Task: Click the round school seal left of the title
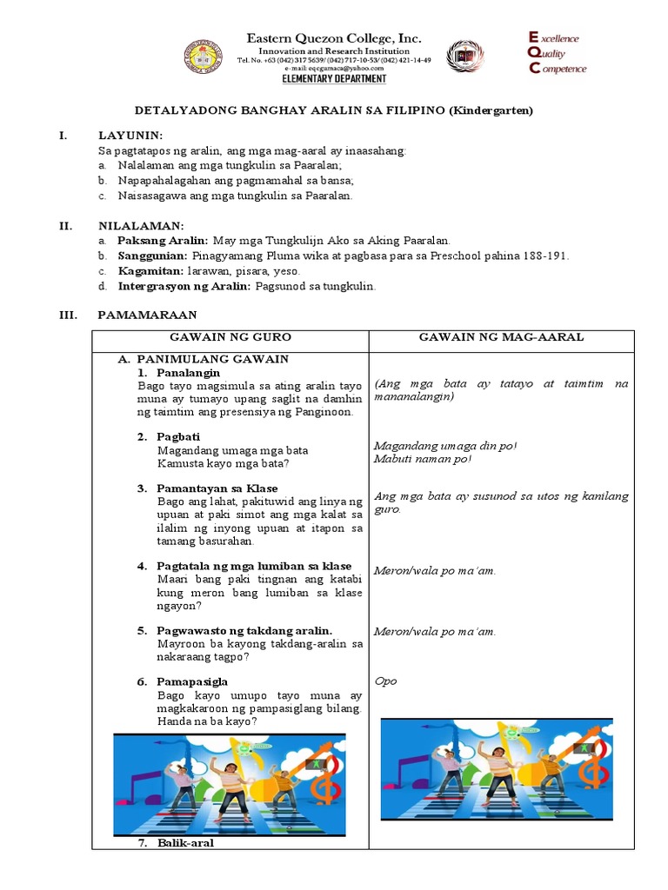tap(203, 56)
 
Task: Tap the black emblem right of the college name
tap(464, 56)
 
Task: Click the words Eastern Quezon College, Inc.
tap(334, 38)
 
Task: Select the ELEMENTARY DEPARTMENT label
tap(334, 79)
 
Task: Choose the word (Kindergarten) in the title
tap(491, 110)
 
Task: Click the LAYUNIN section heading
tap(130, 136)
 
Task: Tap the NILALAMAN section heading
tap(141, 226)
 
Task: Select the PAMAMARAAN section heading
tap(147, 315)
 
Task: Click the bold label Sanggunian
tap(152, 256)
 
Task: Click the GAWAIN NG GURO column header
tap(230, 337)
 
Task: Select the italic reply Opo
tap(385, 681)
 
